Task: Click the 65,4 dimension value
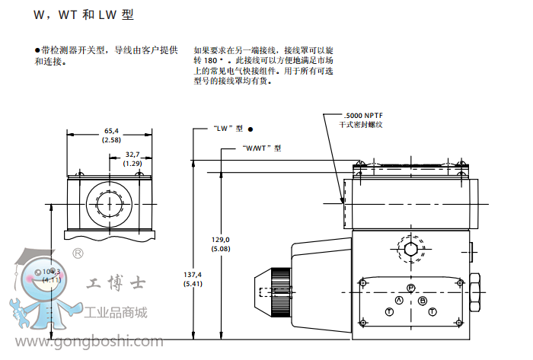pyautogui.click(x=110, y=131)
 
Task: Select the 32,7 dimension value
pyautogui.click(x=133, y=155)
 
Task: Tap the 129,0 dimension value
pyautogui.click(x=221, y=239)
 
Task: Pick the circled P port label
pyautogui.click(x=410, y=288)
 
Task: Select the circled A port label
pyautogui.click(x=397, y=301)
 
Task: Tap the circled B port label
pyautogui.click(x=423, y=301)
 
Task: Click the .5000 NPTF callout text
pyautogui.click(x=363, y=115)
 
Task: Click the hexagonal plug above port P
pyautogui.click(x=410, y=250)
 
